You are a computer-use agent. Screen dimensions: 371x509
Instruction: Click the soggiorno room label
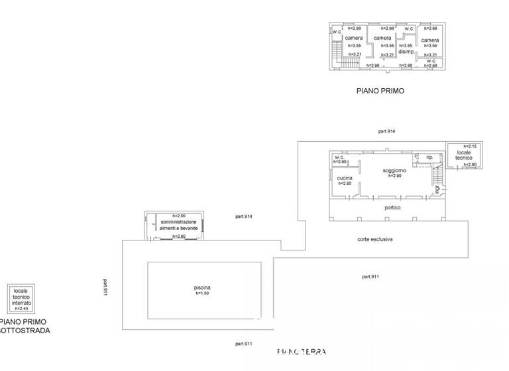tap(393, 170)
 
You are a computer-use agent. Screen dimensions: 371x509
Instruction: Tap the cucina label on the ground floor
tap(344, 178)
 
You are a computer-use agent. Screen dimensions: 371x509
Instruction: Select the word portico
tap(393, 207)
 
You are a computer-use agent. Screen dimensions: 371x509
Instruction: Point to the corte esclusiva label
tap(375, 239)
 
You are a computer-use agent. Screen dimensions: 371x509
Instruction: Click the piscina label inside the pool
tap(202, 287)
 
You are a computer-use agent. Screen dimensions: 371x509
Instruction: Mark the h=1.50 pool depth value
tap(202, 293)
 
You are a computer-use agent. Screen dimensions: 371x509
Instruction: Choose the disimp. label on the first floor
tap(406, 52)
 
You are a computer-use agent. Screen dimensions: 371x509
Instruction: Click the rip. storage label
tap(429, 157)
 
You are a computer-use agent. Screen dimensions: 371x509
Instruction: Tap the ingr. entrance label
tap(437, 190)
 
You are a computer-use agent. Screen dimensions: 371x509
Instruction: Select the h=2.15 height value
tap(471, 146)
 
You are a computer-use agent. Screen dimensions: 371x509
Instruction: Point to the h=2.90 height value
tap(471, 164)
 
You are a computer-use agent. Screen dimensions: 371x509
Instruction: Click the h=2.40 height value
tap(21, 308)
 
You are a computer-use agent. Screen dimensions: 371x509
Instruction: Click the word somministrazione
tap(178, 222)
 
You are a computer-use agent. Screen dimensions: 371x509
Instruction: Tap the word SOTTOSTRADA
tap(25, 330)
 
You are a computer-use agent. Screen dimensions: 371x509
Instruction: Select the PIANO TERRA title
tap(301, 352)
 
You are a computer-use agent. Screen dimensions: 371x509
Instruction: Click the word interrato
tap(22, 302)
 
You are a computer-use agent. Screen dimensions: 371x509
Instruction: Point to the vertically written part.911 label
tap(105, 287)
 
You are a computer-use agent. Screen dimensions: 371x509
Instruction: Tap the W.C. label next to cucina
tap(339, 157)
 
